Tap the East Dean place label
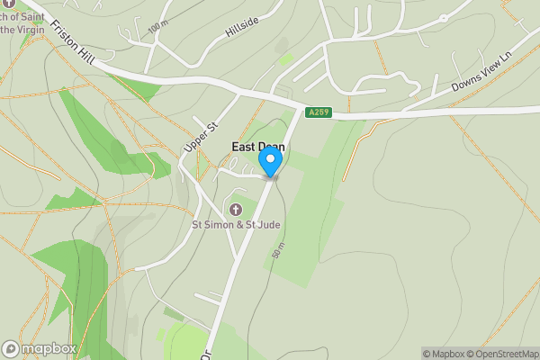[x=258, y=147]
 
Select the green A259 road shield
[x=318, y=112]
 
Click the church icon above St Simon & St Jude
[x=236, y=210]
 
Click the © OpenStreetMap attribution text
[x=499, y=354]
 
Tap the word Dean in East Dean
[x=272, y=147]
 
